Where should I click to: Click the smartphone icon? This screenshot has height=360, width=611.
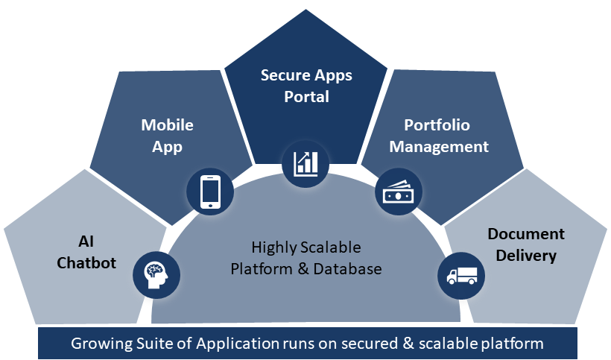(x=210, y=192)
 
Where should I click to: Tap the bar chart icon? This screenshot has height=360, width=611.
(x=306, y=162)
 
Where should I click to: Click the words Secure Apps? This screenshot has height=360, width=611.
(x=306, y=75)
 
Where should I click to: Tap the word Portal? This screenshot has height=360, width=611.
(x=306, y=97)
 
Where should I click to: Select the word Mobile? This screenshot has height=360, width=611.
(x=168, y=124)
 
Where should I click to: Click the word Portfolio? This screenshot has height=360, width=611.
(x=437, y=124)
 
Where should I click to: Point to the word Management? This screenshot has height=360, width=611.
(x=439, y=146)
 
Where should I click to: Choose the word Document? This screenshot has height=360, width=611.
(x=526, y=234)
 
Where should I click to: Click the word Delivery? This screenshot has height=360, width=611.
(x=526, y=256)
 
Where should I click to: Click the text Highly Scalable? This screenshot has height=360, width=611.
(x=306, y=247)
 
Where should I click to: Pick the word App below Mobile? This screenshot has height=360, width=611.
(x=168, y=146)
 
